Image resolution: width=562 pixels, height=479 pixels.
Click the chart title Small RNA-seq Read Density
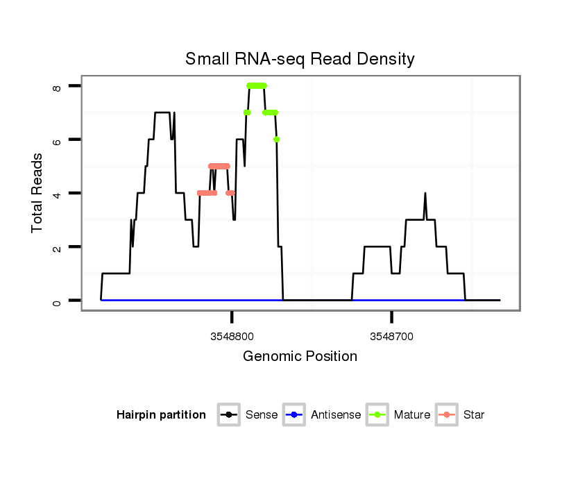click(300, 59)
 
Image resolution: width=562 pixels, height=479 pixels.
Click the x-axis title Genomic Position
click(300, 357)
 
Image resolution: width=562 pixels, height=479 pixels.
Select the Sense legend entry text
click(262, 415)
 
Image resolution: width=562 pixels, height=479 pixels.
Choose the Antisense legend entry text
click(336, 415)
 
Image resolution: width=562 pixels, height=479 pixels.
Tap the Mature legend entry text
click(412, 415)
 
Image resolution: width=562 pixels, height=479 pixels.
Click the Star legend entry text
click(474, 415)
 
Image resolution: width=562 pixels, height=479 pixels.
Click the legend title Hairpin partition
click(161, 415)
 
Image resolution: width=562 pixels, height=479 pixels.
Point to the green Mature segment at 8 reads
click(257, 86)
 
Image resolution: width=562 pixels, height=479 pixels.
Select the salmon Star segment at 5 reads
click(219, 166)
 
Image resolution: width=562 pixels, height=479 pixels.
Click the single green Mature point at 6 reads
click(277, 140)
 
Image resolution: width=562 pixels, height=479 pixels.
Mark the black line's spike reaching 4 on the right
click(425, 194)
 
